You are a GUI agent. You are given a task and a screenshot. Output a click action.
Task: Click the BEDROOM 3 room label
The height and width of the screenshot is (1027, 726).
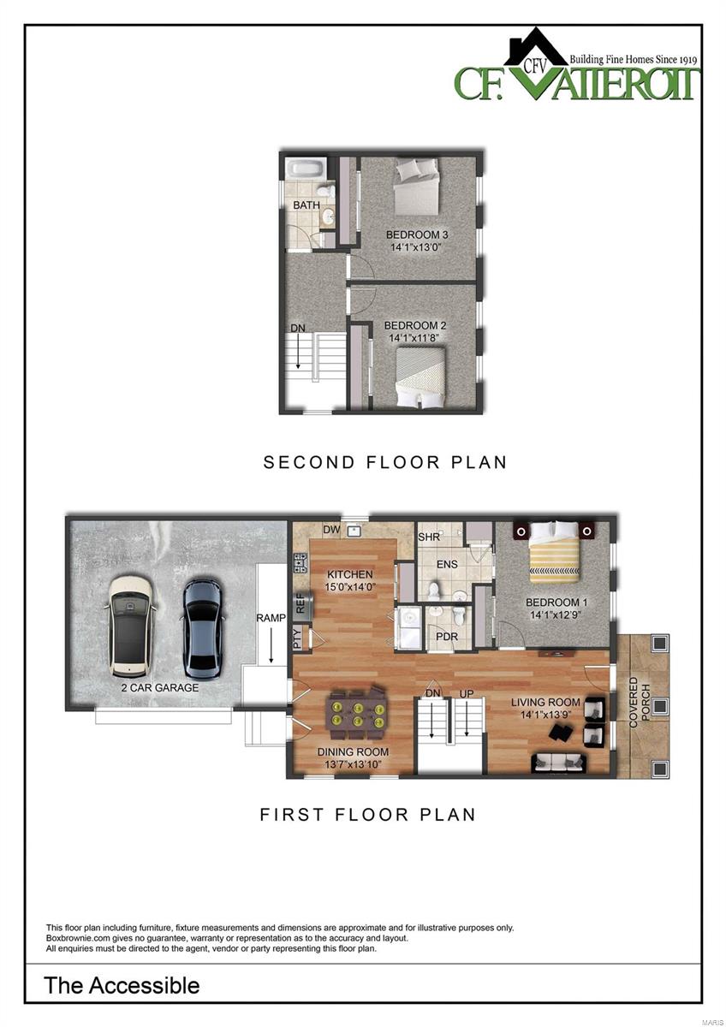pyautogui.click(x=417, y=234)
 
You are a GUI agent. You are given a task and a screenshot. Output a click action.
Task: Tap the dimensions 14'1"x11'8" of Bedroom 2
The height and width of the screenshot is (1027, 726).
pyautogui.click(x=415, y=339)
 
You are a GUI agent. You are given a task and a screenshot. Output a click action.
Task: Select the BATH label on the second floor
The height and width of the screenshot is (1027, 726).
pyautogui.click(x=306, y=206)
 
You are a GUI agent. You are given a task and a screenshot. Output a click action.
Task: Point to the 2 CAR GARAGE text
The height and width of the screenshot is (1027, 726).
pyautogui.click(x=160, y=687)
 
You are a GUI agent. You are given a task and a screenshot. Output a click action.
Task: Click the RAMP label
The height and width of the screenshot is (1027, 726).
pyautogui.click(x=271, y=617)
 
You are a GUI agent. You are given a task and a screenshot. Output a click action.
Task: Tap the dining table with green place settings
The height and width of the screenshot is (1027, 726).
pyautogui.click(x=356, y=714)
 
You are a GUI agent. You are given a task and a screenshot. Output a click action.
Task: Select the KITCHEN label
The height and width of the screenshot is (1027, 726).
pyautogui.click(x=349, y=574)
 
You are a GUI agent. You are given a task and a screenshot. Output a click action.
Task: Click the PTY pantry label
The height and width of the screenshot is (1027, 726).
pyautogui.click(x=297, y=638)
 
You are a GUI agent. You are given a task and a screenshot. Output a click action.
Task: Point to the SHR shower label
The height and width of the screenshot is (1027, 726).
pyautogui.click(x=429, y=537)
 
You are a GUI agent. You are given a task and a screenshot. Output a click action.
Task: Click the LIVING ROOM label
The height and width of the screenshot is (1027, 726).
pyautogui.click(x=545, y=703)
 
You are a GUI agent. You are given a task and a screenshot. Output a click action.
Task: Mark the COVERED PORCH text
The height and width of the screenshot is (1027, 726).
pyautogui.click(x=634, y=703)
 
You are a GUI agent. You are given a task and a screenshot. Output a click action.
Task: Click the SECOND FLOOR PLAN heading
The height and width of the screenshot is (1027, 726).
pyautogui.click(x=384, y=462)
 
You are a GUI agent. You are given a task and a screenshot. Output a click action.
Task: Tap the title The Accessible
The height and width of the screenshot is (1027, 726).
pyautogui.click(x=122, y=985)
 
